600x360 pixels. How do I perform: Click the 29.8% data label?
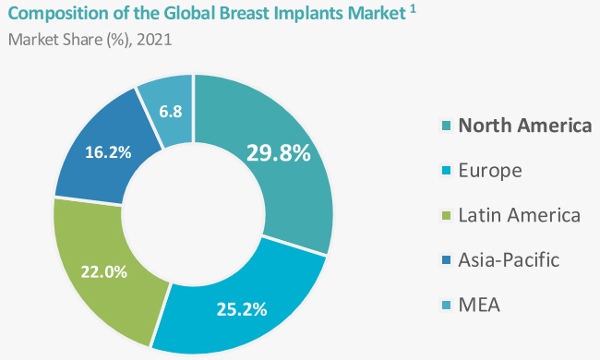pyautogui.click(x=277, y=152)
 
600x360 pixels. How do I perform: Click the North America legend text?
pyautogui.click(x=525, y=126)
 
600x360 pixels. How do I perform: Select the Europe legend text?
pyautogui.click(x=490, y=171)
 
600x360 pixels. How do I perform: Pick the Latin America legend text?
pyautogui.click(x=520, y=216)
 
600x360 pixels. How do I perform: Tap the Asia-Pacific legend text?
pyautogui.click(x=509, y=260)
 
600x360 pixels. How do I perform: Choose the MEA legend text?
pyautogui.click(x=479, y=306)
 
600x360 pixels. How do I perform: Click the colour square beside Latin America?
pyautogui.click(x=447, y=217)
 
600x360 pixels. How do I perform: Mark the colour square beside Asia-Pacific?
pyautogui.click(x=447, y=261)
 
